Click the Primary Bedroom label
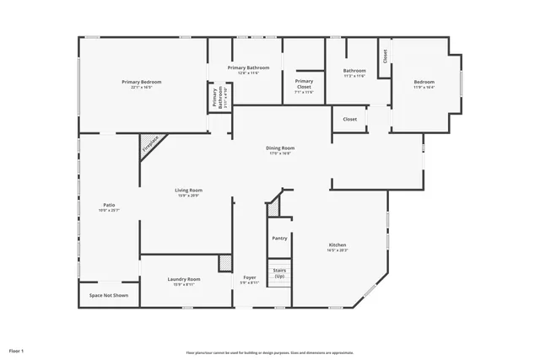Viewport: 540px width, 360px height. pyautogui.click(x=141, y=82)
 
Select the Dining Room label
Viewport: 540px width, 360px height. pyautogui.click(x=281, y=148)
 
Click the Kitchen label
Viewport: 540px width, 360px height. pyautogui.click(x=337, y=245)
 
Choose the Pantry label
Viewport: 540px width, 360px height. pyautogui.click(x=279, y=239)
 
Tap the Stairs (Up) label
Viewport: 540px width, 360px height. pyautogui.click(x=279, y=274)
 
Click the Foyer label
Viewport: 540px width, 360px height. pyautogui.click(x=249, y=278)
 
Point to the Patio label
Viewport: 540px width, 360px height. pyautogui.click(x=109, y=205)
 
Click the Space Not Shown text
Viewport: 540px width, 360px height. pyautogui.click(x=109, y=296)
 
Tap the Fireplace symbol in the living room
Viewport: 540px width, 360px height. pyautogui.click(x=149, y=145)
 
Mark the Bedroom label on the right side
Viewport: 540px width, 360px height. pyautogui.click(x=424, y=81)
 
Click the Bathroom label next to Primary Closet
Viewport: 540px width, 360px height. pyautogui.click(x=354, y=71)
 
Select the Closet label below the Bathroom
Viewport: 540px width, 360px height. pyautogui.click(x=349, y=119)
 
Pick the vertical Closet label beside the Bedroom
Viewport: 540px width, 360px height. pyautogui.click(x=385, y=56)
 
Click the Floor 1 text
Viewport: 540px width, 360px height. pyautogui.click(x=17, y=350)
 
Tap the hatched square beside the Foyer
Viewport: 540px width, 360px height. pyautogui.click(x=224, y=262)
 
